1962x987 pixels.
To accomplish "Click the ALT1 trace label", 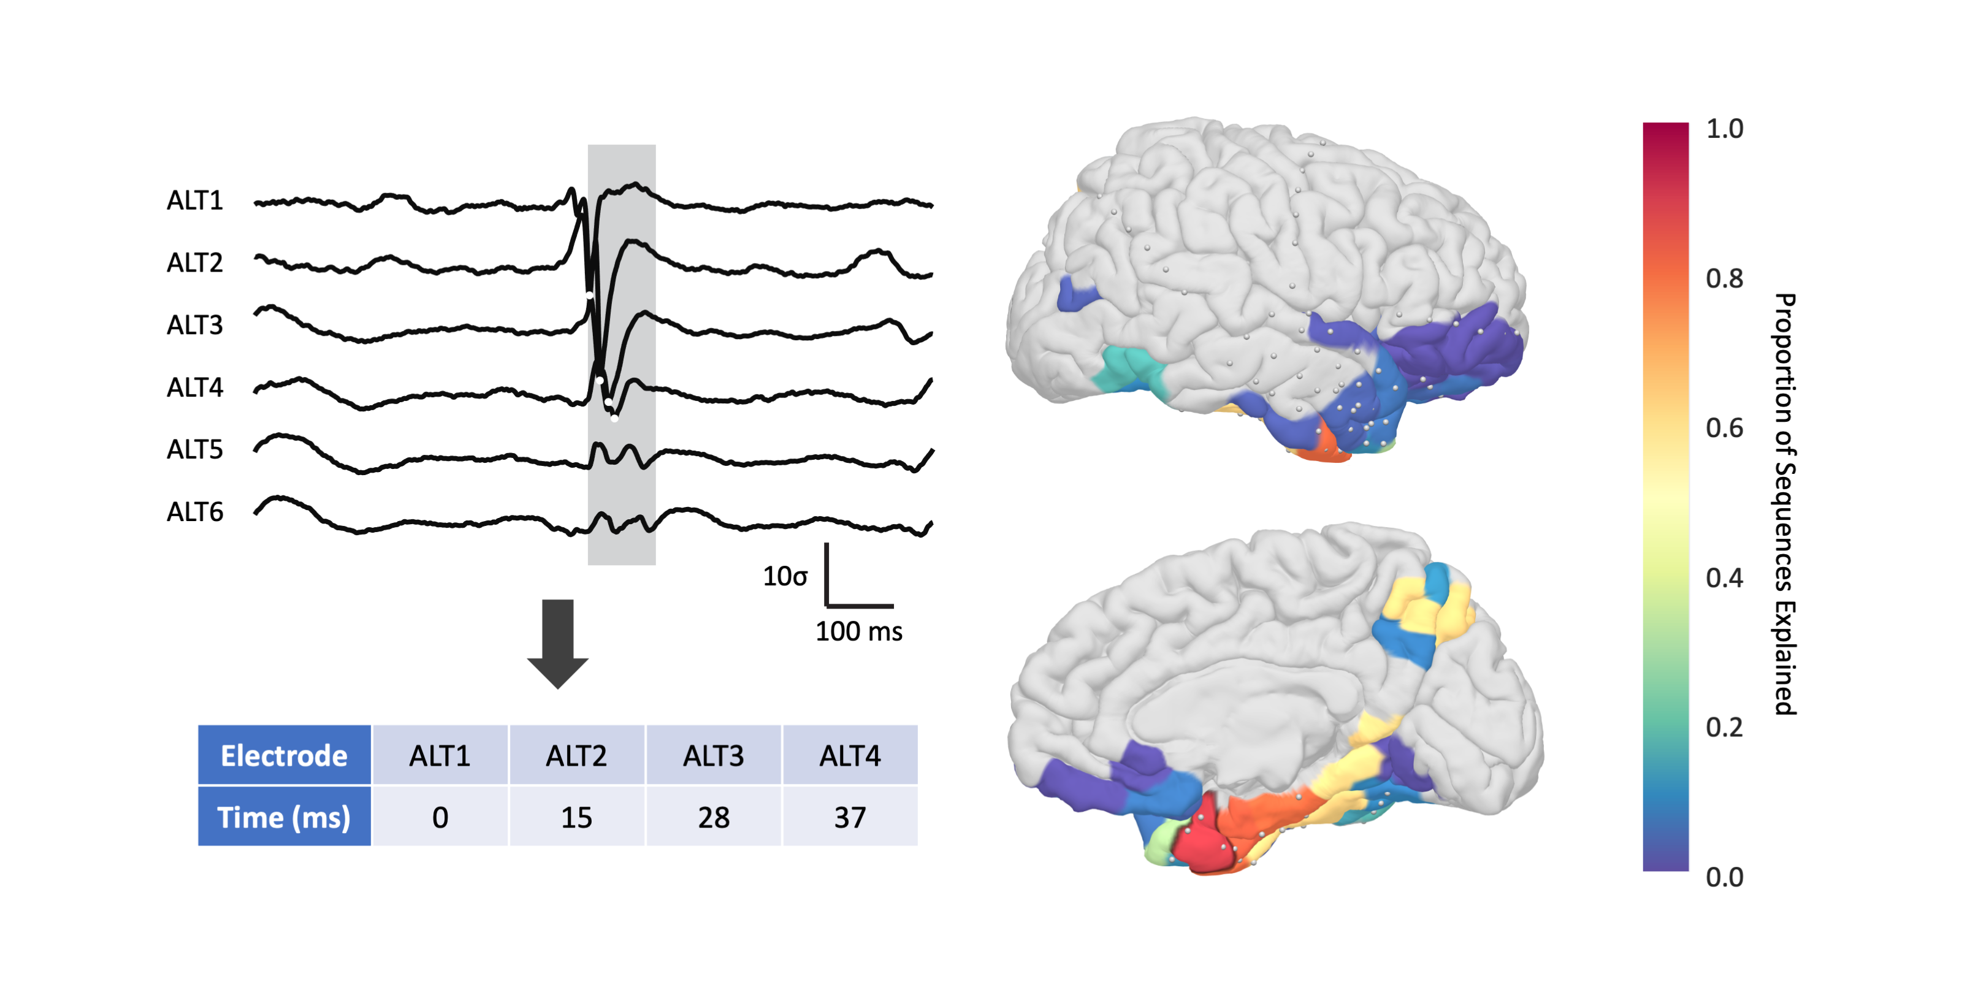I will (x=195, y=200).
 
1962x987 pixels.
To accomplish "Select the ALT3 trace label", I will (x=195, y=325).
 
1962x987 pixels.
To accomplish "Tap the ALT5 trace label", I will (x=195, y=450).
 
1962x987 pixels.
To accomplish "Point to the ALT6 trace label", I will (x=195, y=513).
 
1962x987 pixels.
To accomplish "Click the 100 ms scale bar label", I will (x=858, y=631).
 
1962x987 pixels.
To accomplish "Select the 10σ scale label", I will (x=785, y=576).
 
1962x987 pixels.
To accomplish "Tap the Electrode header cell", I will (x=284, y=755).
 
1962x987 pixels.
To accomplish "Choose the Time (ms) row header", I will (x=284, y=817).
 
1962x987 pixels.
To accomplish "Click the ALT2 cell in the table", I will (x=576, y=755).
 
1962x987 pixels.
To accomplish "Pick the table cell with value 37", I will (x=850, y=817).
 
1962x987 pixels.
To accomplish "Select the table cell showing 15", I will (x=576, y=817).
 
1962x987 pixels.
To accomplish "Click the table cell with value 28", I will (x=714, y=817).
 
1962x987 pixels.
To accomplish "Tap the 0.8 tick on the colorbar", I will (x=1724, y=279).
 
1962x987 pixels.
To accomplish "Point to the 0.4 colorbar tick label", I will (x=1724, y=578).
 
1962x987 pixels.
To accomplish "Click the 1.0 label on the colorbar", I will (x=1724, y=129).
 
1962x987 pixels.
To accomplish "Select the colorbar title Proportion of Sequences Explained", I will (x=1785, y=503).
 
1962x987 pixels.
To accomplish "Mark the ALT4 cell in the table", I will (x=850, y=755).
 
